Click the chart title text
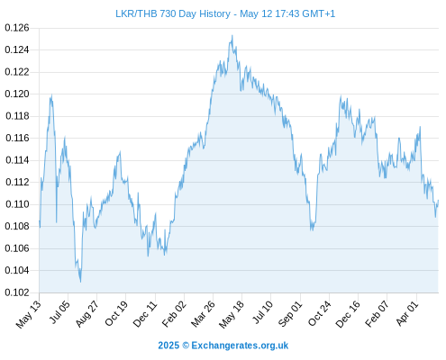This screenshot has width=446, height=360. coord(225,13)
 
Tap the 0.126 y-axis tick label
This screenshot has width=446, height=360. coord(17,28)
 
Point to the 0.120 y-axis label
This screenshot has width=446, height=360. coord(17,94)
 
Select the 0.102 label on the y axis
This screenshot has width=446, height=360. coord(17,292)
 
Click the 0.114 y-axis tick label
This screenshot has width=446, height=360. coord(17,160)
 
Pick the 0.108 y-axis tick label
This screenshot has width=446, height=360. coord(17,226)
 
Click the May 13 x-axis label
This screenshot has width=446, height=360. coord(29,314)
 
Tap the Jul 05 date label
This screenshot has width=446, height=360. coord(59,312)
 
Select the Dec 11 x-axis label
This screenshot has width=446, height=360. coord(145,314)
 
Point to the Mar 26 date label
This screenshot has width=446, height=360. coord(204,314)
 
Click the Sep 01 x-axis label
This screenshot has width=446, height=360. coord(290,314)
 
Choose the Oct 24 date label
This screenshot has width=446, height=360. coord(320,313)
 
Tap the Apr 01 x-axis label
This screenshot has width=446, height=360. coord(407,313)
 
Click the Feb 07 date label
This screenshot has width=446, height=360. coord(378,314)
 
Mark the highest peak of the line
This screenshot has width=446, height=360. coord(232,35)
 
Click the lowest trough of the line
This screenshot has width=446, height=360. coord(80,282)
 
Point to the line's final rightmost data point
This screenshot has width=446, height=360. coord(438,200)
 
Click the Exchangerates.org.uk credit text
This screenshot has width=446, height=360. coord(240,346)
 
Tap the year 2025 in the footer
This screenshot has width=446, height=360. coord(168,346)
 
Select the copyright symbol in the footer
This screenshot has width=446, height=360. coord(186,346)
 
